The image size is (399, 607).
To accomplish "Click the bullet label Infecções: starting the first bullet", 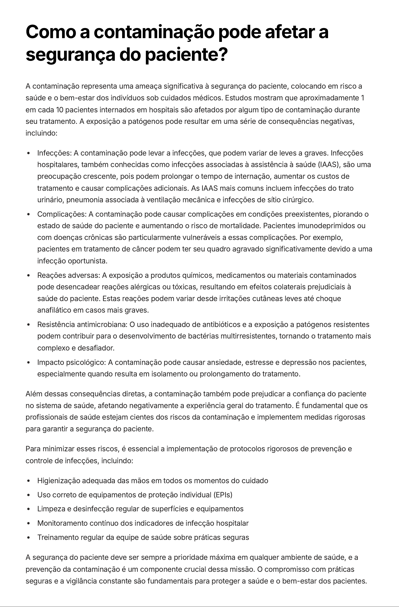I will [54, 153].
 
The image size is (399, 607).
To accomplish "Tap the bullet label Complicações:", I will [62, 214].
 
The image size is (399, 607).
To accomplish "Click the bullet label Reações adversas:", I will [68, 275].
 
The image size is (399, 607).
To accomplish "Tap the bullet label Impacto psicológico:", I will [71, 362].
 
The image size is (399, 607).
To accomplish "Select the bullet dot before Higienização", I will [28, 481].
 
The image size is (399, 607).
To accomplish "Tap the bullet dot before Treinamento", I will [28, 538].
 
